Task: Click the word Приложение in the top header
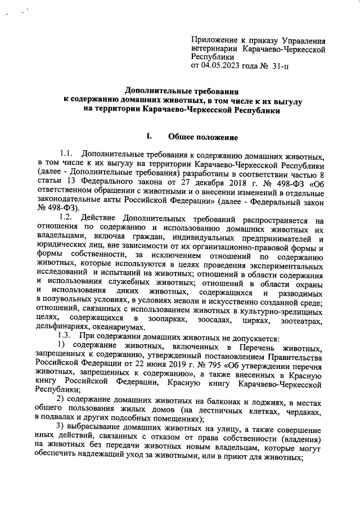(214, 40)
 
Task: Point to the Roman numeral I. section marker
(149, 137)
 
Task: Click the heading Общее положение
(203, 137)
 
